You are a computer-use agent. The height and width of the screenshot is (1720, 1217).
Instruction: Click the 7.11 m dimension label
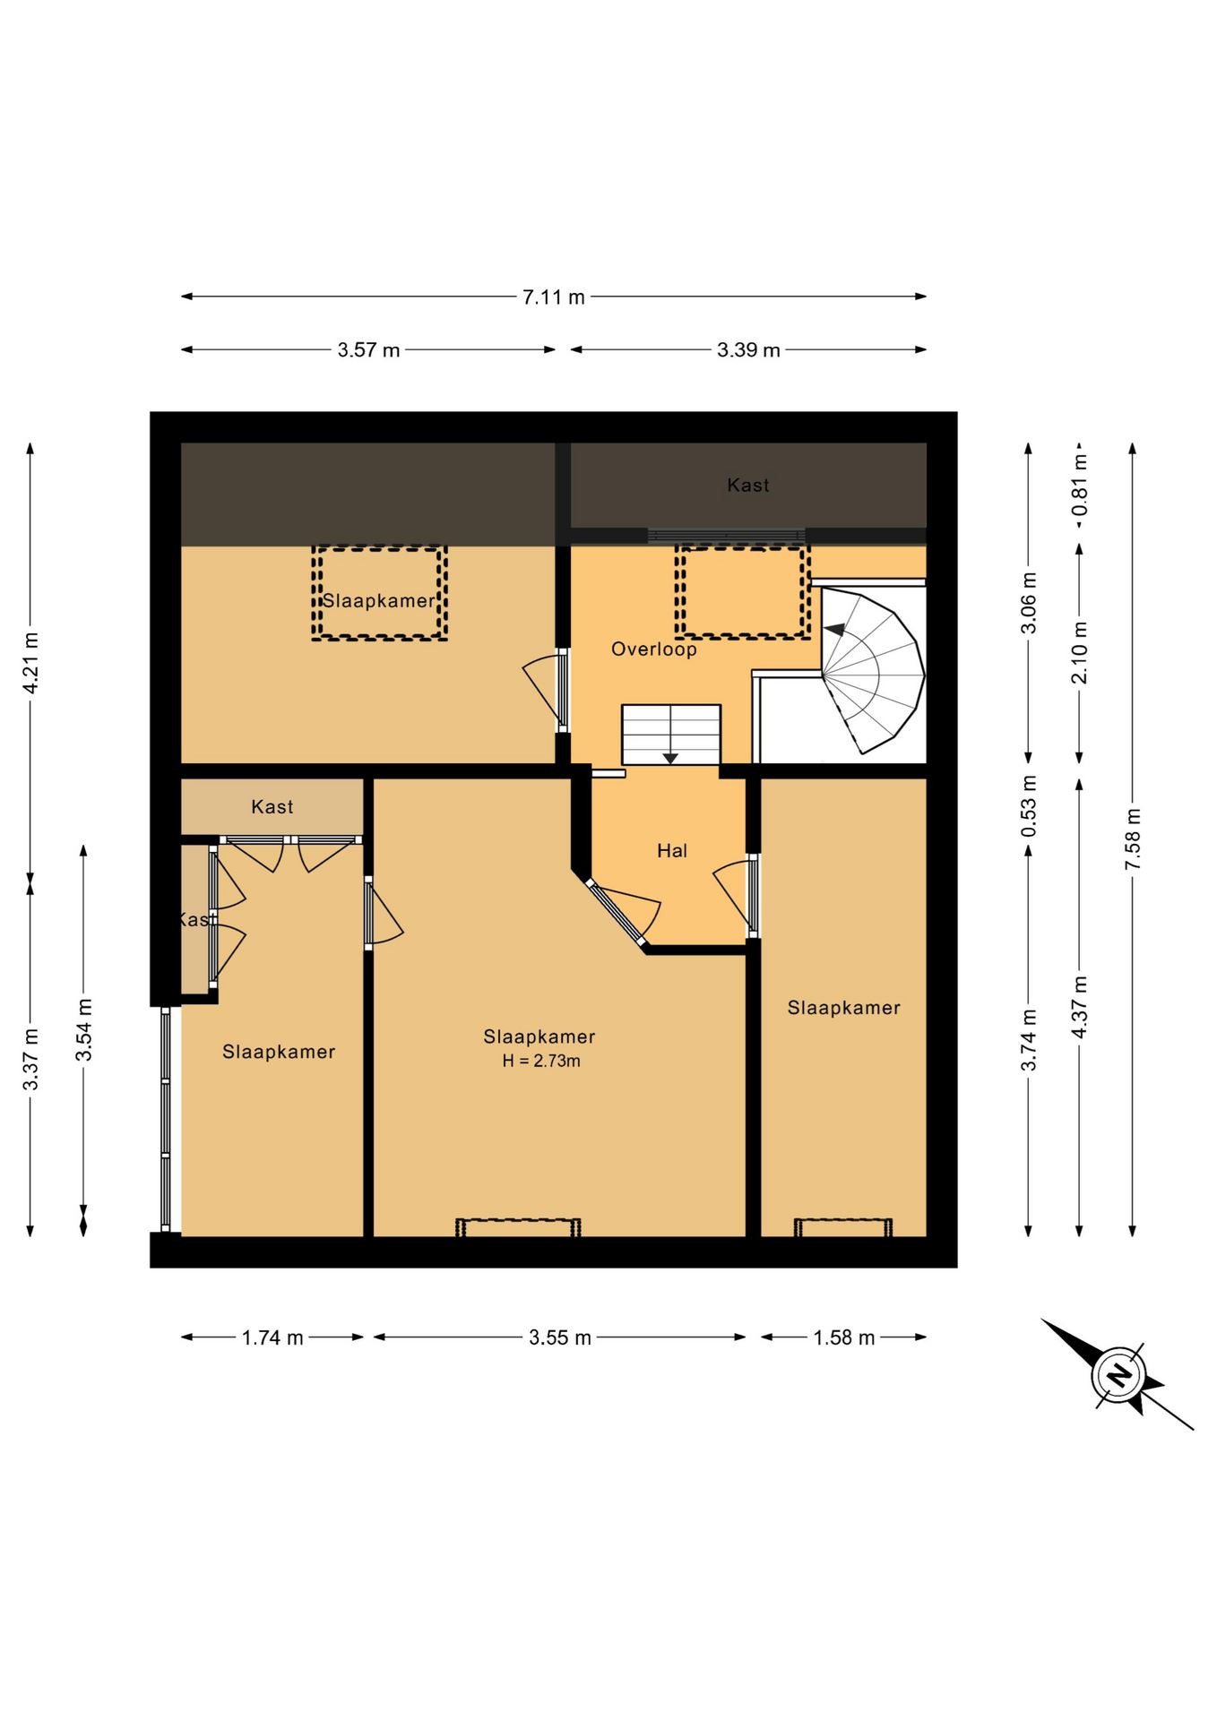(x=553, y=297)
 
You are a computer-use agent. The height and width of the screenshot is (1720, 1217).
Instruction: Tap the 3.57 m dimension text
(x=368, y=350)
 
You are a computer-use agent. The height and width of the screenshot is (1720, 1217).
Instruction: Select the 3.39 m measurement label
(x=748, y=350)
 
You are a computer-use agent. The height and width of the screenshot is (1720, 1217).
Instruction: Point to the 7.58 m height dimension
(x=1134, y=838)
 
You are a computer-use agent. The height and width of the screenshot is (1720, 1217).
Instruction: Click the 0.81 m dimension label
(x=1080, y=485)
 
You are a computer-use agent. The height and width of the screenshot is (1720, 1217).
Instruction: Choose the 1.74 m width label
(x=272, y=1338)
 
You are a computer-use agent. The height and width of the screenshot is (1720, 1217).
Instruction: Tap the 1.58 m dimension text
(x=843, y=1338)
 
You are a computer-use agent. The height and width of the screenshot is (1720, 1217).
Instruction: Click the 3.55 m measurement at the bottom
(x=560, y=1338)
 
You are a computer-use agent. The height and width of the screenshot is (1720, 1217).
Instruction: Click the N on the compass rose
(x=1118, y=1374)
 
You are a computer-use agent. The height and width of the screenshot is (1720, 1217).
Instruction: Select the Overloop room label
(x=654, y=649)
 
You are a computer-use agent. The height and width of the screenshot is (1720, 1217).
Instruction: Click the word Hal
(x=672, y=851)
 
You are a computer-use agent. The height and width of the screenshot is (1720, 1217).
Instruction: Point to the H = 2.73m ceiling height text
(x=540, y=1062)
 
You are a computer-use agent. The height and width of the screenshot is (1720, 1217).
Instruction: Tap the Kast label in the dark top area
(x=748, y=486)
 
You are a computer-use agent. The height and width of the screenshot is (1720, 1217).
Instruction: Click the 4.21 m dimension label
(x=31, y=662)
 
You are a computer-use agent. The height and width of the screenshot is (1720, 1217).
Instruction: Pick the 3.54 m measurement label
(x=84, y=1030)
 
